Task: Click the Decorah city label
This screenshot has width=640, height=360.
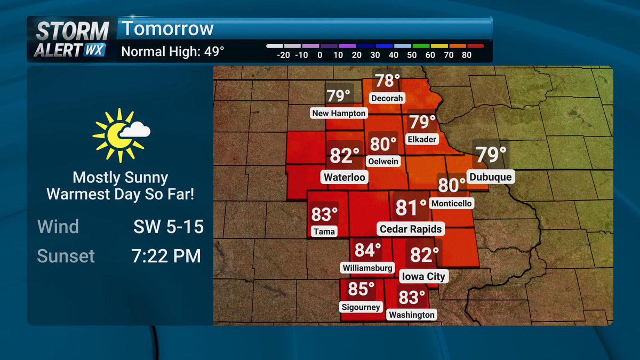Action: pyautogui.click(x=387, y=98)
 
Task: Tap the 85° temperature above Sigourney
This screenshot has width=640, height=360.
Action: pyautogui.click(x=361, y=289)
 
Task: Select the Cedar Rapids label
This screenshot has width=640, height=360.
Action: pyautogui.click(x=411, y=229)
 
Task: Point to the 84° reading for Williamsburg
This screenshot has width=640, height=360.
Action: pyautogui.click(x=368, y=250)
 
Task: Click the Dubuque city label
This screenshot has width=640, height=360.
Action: pyautogui.click(x=490, y=177)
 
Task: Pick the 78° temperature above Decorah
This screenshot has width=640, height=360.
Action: pyautogui.click(x=387, y=81)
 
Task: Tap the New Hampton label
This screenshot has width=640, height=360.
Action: pyautogui.click(x=339, y=113)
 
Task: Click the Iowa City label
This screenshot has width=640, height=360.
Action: pyautogui.click(x=422, y=277)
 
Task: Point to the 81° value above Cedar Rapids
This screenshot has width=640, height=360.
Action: pyautogui.click(x=411, y=207)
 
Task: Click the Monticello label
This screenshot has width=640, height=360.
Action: pyautogui.click(x=452, y=204)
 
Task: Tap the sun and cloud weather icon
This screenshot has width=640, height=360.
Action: pyautogui.click(x=121, y=134)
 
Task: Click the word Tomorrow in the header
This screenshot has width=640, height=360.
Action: pyautogui.click(x=167, y=29)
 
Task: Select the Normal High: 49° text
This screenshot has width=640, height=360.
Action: pyautogui.click(x=173, y=52)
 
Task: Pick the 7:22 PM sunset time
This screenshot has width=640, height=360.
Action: pyautogui.click(x=166, y=256)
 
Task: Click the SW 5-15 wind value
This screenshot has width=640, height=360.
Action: pyautogui.click(x=169, y=227)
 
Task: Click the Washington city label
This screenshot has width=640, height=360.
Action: pyautogui.click(x=411, y=315)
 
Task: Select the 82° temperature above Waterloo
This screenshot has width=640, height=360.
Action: pyautogui.click(x=345, y=156)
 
